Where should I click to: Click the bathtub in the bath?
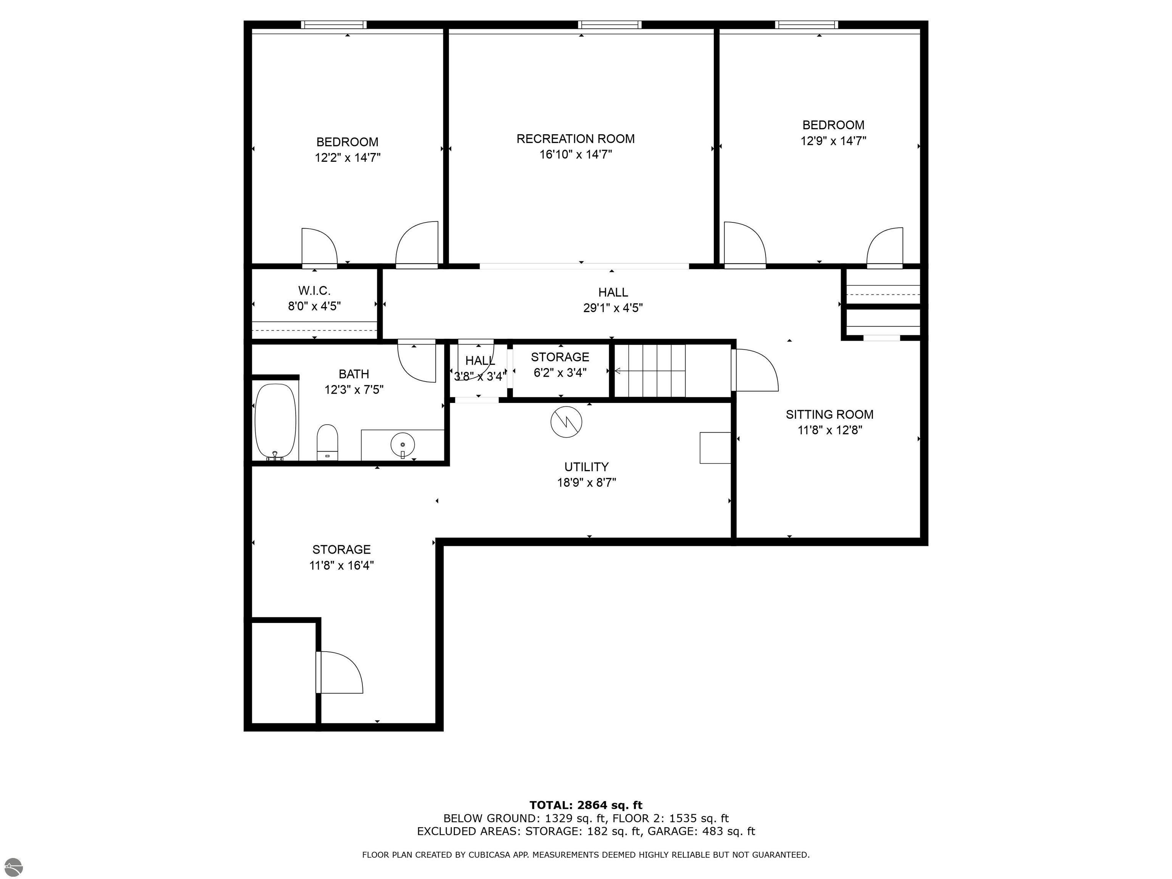(x=275, y=422)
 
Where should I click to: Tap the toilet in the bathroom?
(x=327, y=443)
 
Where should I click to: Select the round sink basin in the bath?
(x=402, y=444)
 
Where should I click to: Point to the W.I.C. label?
(x=314, y=290)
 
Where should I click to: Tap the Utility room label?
(x=586, y=467)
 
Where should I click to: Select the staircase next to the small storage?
(x=650, y=370)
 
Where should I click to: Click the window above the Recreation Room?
(x=609, y=24)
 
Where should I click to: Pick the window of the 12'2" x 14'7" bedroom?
(x=333, y=24)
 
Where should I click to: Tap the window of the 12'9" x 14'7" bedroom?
(x=807, y=24)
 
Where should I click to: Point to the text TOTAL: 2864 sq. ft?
(x=586, y=805)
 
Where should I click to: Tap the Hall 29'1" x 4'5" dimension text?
(x=613, y=308)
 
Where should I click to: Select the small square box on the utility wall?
(x=716, y=448)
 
